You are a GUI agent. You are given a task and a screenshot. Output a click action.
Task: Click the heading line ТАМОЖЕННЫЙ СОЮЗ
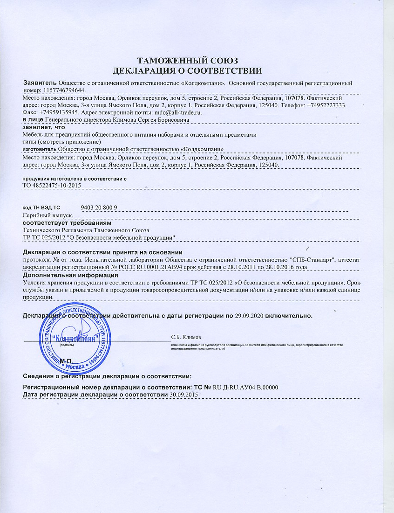coord(188,61)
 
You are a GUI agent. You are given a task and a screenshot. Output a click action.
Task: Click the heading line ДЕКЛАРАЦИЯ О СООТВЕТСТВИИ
coord(188,71)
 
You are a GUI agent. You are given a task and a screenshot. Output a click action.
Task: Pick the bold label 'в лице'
coord(33,120)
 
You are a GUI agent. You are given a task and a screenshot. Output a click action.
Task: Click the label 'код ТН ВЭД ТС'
coord(41,207)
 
